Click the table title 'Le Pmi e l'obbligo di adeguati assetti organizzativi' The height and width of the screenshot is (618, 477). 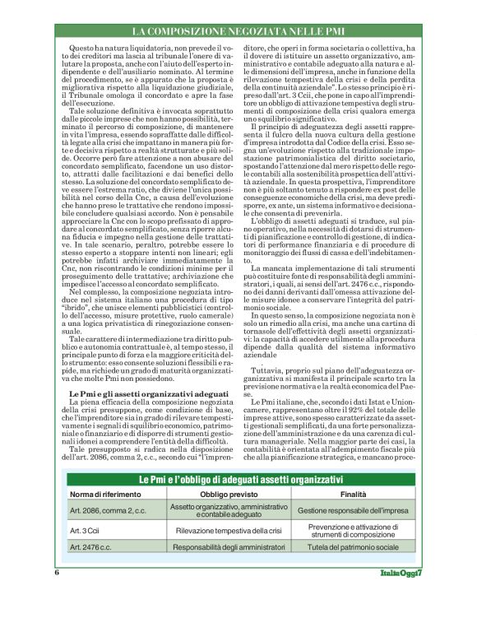[238, 479]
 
